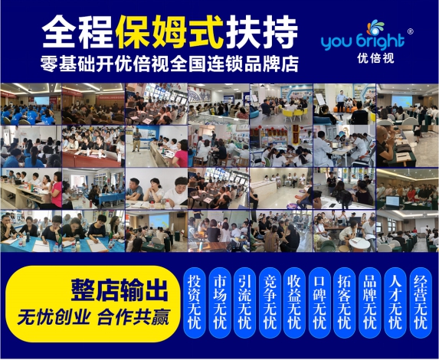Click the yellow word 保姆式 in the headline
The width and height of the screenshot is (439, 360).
click(169, 32)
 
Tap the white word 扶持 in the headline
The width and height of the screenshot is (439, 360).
click(261, 32)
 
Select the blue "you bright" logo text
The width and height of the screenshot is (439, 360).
click(363, 41)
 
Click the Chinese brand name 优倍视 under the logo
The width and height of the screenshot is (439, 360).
click(375, 58)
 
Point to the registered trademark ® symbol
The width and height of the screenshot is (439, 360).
click(410, 31)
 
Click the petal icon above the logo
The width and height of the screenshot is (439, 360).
click(375, 28)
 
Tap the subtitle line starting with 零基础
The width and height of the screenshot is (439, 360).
click(169, 64)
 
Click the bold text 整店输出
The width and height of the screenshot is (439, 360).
click(120, 290)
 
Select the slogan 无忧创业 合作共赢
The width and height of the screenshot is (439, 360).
click(93, 317)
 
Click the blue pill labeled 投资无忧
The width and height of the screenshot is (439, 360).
click(195, 303)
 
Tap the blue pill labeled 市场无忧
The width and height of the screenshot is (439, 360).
click(220, 303)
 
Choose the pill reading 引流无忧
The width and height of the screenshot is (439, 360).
click(244, 303)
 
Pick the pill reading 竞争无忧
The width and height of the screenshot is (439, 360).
click(270, 303)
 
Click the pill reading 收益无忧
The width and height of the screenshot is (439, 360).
click(294, 303)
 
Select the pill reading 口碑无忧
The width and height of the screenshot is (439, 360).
click(320, 303)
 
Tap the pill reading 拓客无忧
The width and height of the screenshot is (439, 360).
click(345, 303)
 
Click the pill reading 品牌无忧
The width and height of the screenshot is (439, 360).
click(370, 303)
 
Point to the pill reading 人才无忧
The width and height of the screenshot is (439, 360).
click(395, 303)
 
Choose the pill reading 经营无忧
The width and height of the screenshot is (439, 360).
click(421, 303)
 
